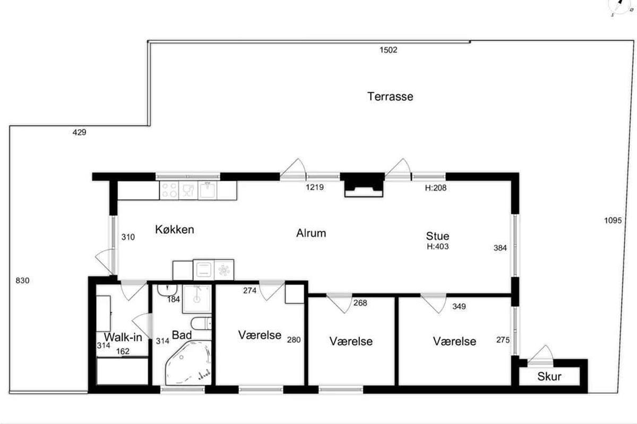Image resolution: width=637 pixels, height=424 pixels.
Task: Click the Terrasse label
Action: (x=390, y=96)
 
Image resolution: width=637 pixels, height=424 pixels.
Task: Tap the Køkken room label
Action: (x=175, y=229)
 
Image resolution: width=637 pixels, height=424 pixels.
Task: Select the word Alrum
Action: (x=311, y=233)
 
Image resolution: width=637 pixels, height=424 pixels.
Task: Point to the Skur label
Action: (x=549, y=377)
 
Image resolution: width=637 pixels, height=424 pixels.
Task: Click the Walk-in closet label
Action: (x=123, y=337)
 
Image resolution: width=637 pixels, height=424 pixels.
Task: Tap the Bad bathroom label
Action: (x=182, y=335)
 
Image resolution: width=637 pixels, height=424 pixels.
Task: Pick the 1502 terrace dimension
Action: (x=389, y=50)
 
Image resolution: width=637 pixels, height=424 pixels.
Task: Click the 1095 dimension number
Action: (x=613, y=220)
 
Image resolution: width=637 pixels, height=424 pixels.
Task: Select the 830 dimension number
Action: (x=22, y=280)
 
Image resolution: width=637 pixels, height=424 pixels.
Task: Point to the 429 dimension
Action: (x=79, y=132)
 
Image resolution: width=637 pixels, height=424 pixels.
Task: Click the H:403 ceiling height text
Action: (x=437, y=246)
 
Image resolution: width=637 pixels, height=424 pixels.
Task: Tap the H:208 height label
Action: (x=436, y=188)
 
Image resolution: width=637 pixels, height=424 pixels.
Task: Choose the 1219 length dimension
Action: (x=315, y=187)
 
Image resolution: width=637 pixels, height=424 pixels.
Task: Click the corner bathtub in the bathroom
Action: (x=188, y=363)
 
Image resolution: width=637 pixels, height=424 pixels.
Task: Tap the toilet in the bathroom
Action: (x=201, y=323)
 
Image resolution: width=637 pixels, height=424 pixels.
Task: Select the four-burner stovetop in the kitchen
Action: (x=169, y=190)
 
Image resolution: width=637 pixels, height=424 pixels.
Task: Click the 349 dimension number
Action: (x=459, y=306)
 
